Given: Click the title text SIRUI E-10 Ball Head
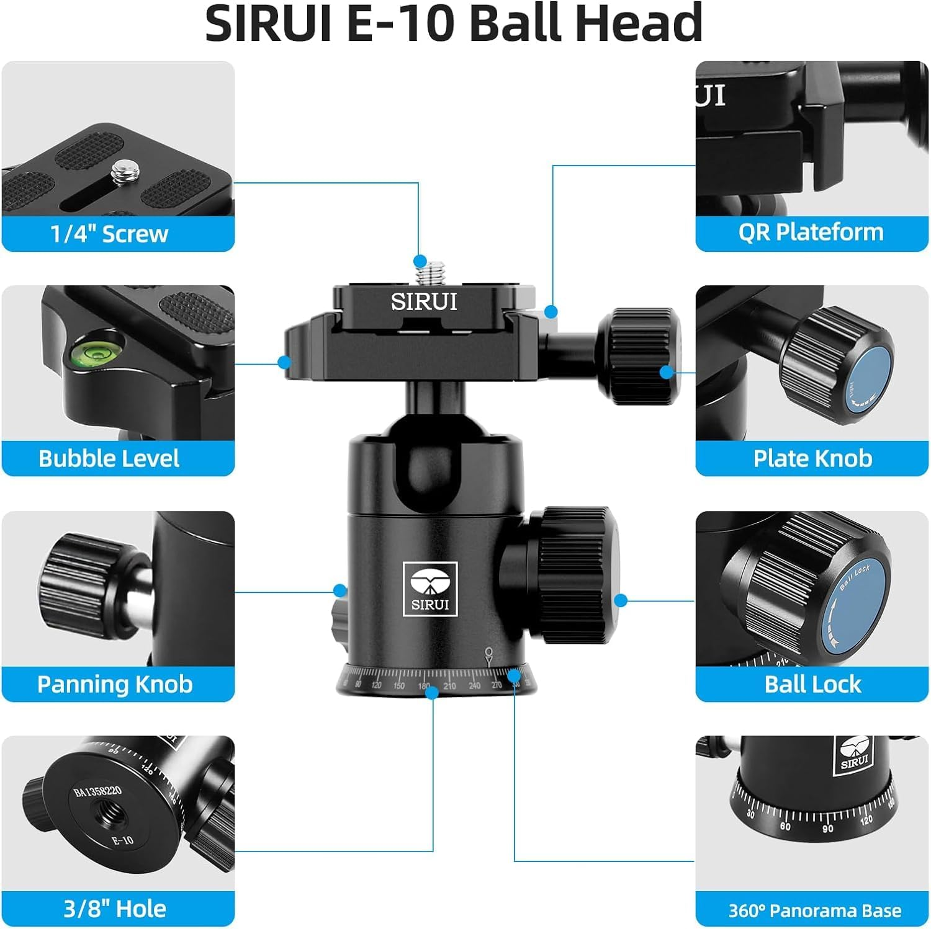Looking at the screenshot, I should tap(453, 24).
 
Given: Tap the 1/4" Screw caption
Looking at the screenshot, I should tap(109, 234).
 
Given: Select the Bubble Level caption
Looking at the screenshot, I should tap(109, 458).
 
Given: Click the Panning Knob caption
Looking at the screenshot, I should tap(115, 684).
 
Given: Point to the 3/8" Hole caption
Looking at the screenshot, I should tap(115, 909).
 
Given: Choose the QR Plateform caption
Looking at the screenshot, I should tap(811, 232).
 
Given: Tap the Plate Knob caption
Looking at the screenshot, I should tap(812, 458).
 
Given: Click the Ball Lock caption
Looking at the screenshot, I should tap(812, 684).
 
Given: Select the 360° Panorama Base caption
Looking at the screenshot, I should tap(814, 910).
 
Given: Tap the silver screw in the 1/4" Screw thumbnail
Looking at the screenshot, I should tap(121, 172).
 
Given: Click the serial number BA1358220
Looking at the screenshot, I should tap(97, 791).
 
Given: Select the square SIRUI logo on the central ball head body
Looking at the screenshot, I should tap(430, 589).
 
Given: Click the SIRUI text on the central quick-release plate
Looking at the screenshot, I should tap(424, 302).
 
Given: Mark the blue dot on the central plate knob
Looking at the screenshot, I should tap(667, 372).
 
